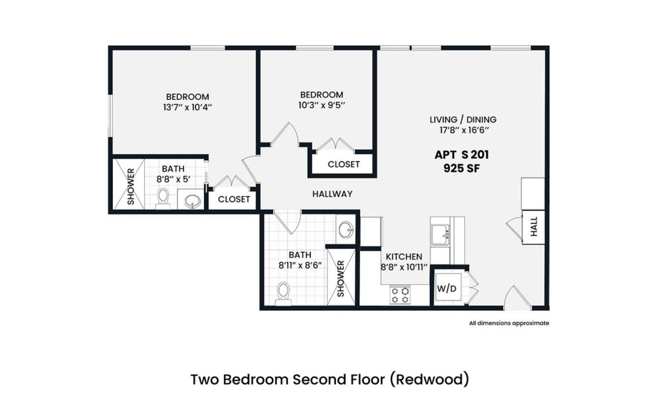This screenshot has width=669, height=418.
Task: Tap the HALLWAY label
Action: click(332, 194)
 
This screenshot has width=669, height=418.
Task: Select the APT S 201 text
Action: click(461, 155)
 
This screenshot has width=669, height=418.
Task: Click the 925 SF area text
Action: click(461, 168)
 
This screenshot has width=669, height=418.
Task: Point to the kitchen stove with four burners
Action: click(400, 295)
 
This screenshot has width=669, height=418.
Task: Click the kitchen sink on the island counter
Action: click(439, 233)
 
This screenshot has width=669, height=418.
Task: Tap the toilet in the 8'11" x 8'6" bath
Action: click(284, 293)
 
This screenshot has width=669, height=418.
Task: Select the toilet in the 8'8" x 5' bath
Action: click(164, 198)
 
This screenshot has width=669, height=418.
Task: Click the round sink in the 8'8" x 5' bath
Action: click(191, 201)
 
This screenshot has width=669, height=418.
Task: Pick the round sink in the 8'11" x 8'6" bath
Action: click(346, 230)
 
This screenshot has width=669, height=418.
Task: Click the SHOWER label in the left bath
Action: click(131, 187)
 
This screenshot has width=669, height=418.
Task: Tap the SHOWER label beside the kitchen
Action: click(341, 279)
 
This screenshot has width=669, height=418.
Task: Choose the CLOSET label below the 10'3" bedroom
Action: click(343, 165)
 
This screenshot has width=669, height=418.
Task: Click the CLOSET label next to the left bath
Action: click(234, 199)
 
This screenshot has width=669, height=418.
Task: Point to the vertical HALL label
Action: click(534, 227)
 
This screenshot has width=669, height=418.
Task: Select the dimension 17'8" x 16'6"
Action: click(463, 130)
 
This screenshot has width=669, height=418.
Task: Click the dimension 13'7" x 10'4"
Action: click(187, 106)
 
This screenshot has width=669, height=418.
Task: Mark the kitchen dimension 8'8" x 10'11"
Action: click(404, 266)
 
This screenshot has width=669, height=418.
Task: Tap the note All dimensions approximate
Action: click(509, 323)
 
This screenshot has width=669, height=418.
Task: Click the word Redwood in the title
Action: click(434, 379)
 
